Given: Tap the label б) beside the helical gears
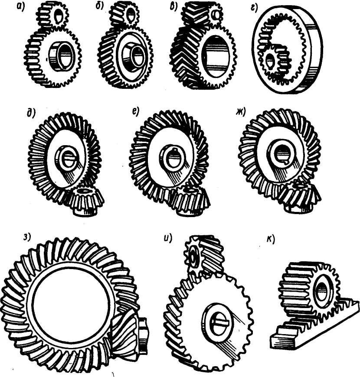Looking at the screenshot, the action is [x=100, y=6].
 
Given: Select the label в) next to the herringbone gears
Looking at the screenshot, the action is [x=174, y=7].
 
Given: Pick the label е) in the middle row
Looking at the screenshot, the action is [x=136, y=112].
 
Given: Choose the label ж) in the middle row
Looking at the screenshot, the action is [x=241, y=112].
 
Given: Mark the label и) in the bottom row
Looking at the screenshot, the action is [x=168, y=238].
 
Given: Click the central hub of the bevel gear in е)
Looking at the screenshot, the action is [x=173, y=159].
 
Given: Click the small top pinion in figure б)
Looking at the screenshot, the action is [x=126, y=14].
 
